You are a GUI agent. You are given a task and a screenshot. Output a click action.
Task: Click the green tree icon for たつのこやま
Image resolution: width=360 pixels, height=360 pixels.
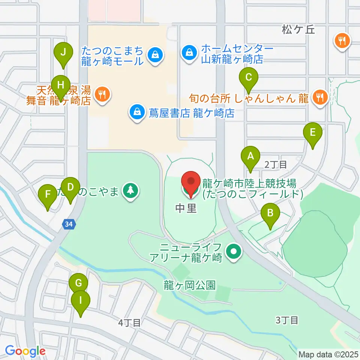(130, 190)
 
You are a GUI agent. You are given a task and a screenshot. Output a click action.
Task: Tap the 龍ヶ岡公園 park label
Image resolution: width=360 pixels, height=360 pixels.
(189, 285)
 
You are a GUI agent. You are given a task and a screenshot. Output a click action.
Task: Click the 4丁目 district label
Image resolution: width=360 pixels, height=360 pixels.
(129, 322)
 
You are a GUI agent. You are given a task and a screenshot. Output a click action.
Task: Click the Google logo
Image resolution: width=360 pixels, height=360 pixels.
(25, 351)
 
